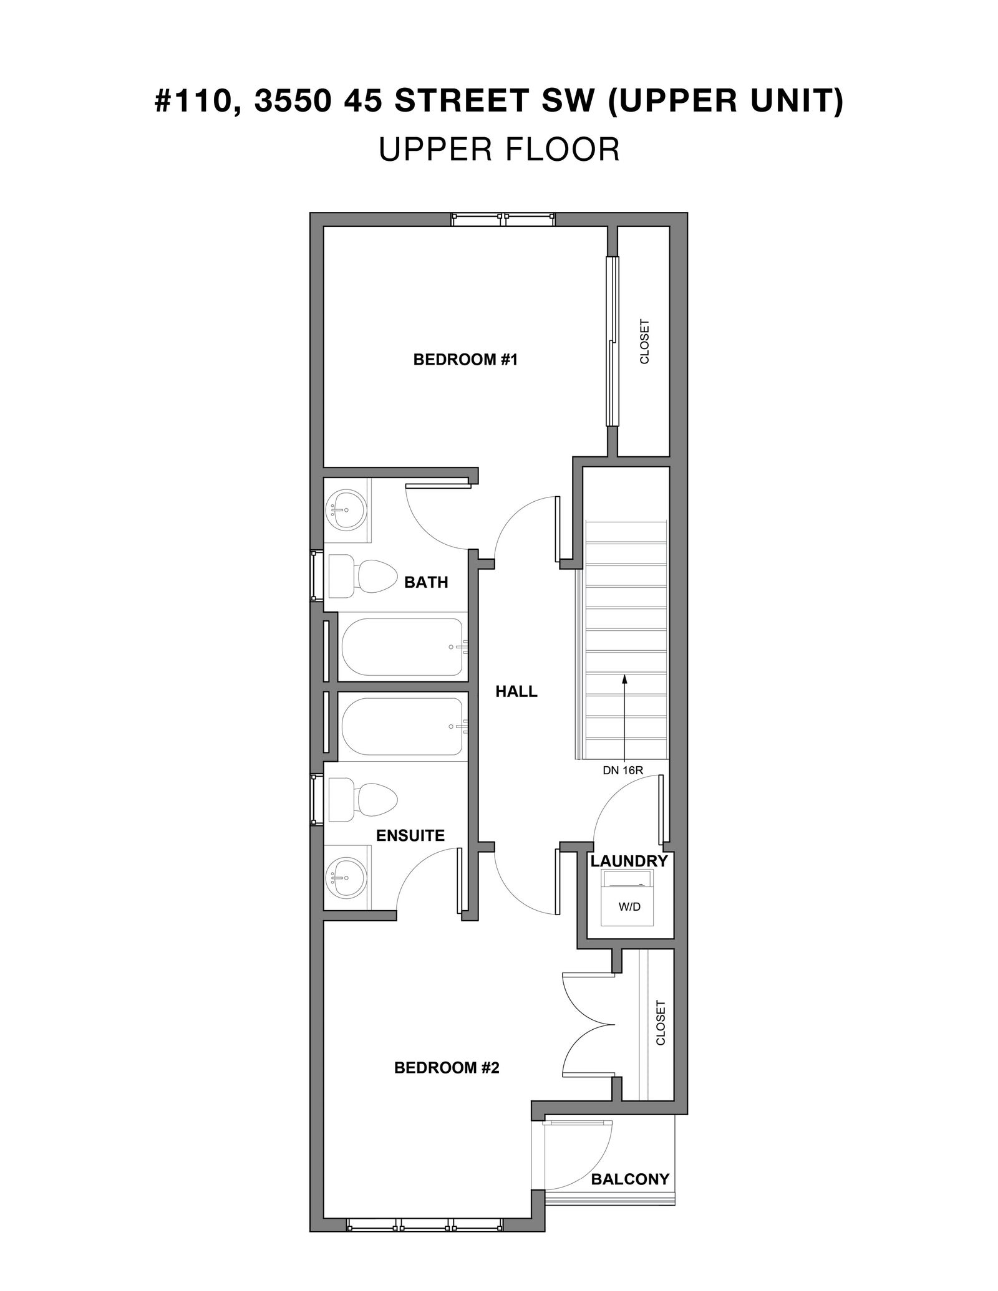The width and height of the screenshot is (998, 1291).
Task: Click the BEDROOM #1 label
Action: [465, 360]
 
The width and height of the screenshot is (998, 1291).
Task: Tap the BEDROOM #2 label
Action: [447, 1068]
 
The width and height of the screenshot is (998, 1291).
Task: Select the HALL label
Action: [516, 691]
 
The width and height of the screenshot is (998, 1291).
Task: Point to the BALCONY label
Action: [630, 1179]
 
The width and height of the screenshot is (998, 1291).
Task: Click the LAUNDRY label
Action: [629, 861]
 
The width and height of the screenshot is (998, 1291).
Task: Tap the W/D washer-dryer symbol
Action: [627, 898]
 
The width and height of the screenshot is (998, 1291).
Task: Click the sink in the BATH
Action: [347, 509]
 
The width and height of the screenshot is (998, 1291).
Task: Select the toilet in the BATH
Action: [362, 574]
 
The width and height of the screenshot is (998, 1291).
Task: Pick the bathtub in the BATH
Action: [402, 647]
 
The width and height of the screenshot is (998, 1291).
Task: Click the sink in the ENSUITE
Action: [347, 878]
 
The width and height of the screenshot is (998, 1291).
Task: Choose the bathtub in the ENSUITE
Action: [402, 726]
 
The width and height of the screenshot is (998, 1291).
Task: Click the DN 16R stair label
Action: [623, 770]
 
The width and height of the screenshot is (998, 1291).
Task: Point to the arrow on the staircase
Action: [624, 717]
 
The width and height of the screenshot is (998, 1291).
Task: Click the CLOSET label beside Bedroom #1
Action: [644, 342]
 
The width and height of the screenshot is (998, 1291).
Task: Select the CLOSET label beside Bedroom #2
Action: [661, 1023]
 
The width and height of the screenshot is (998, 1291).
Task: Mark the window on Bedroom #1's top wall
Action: [503, 219]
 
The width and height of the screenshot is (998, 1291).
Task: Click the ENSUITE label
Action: [410, 835]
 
